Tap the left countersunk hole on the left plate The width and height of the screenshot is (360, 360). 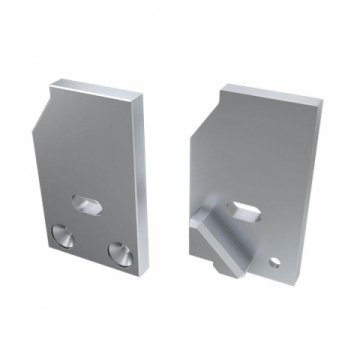coord(62,237)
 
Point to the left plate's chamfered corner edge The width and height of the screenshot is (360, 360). coord(44,107)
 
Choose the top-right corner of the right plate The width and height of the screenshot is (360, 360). coord(322,102)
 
